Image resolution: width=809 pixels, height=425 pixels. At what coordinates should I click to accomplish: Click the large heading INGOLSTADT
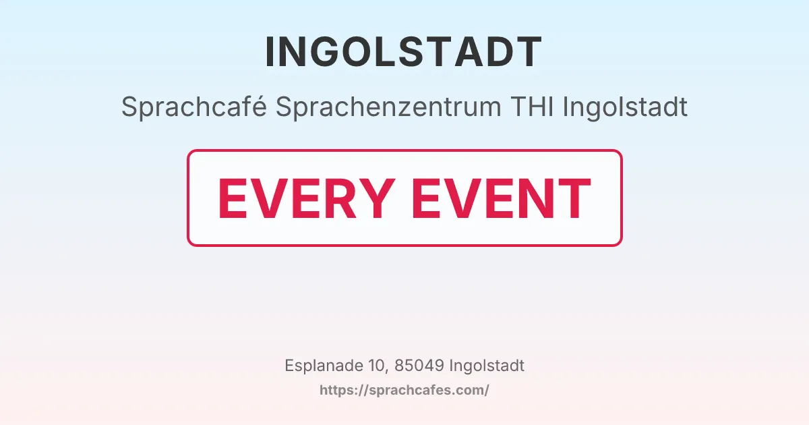[404, 52]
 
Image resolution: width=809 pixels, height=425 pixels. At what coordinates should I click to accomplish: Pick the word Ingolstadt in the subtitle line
[625, 107]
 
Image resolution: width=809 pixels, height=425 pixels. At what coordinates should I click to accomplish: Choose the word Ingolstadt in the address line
[486, 366]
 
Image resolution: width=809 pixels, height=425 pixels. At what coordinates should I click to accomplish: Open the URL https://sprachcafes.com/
[404, 390]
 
